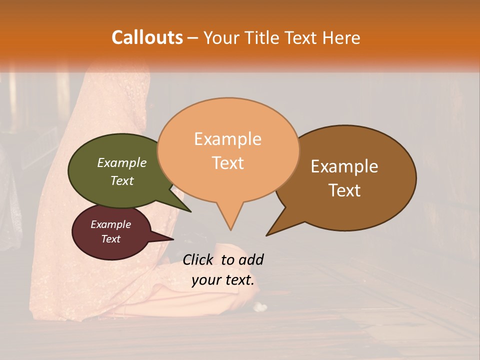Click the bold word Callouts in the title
point(147,37)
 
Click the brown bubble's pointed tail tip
point(267,234)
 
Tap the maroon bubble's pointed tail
point(170,239)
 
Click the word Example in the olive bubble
point(121,162)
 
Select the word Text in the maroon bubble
point(110,239)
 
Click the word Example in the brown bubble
point(344,166)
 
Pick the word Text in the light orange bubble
point(228,163)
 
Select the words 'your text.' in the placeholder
point(223,280)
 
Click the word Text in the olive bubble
point(121,180)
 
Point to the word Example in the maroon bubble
point(110,224)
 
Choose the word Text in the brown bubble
point(344,190)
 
